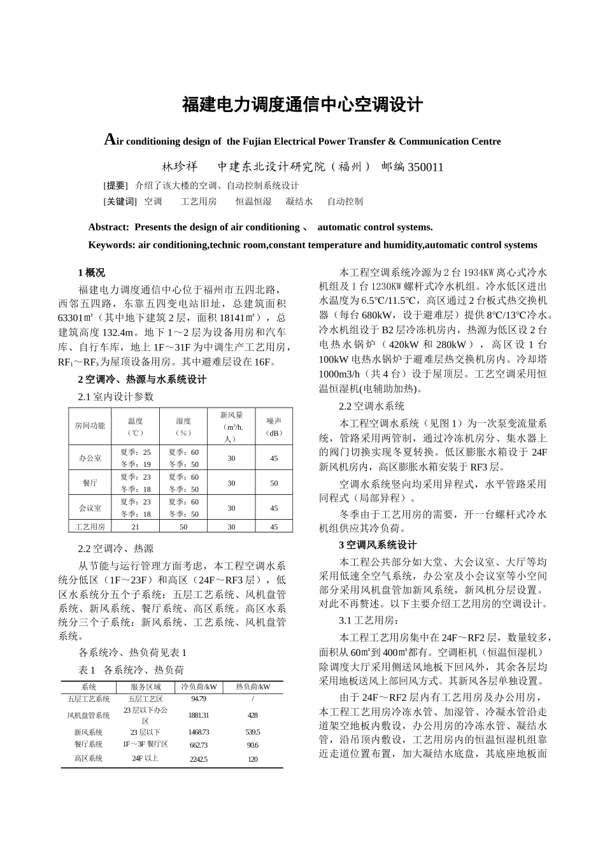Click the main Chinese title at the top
click(302, 105)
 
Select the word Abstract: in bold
click(109, 227)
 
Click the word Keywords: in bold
click(111, 245)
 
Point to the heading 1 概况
click(92, 273)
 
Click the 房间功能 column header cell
click(90, 425)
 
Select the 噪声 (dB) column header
click(274, 426)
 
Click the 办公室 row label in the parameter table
click(90, 458)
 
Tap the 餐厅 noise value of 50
click(274, 483)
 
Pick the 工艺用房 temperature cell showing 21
click(135, 527)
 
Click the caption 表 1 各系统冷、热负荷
click(131, 670)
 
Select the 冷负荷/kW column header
click(199, 687)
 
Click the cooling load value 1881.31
click(199, 715)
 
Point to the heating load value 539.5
click(252, 732)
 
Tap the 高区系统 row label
click(89, 759)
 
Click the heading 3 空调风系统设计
click(378, 545)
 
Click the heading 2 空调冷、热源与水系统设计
click(142, 380)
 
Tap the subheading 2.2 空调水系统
click(371, 406)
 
